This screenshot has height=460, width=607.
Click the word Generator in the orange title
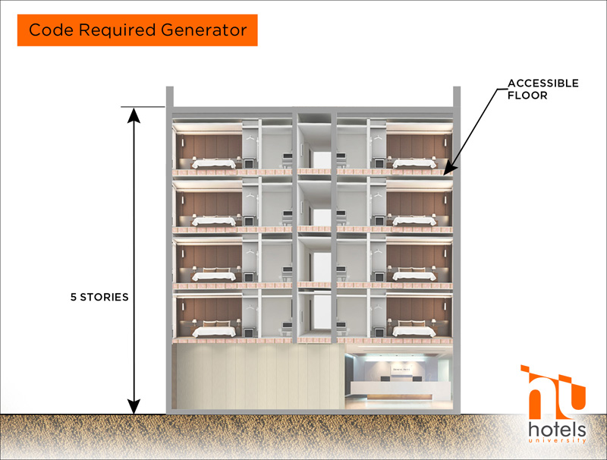coord(203,30)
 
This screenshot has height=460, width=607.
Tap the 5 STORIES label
coord(99,297)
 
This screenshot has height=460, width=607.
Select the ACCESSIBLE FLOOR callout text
coord(543,89)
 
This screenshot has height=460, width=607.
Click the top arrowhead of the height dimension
coord(134,115)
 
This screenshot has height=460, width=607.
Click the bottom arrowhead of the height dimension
coord(134,407)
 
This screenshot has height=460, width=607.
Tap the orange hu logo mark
coord(553,392)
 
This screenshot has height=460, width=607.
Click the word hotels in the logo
coord(557,430)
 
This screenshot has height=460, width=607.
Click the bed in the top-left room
coord(214,163)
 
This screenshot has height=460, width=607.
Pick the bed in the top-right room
coord(414,163)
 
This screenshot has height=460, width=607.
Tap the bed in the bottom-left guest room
coord(214,329)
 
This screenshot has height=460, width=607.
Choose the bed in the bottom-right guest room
coord(414,329)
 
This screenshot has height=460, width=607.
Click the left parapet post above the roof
coord(169,96)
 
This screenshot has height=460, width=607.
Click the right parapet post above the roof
coord(457,96)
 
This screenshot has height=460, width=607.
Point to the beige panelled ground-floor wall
coord(259,377)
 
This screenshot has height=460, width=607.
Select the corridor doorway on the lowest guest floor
coord(322,313)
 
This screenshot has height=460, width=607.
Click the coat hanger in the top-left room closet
coord(251,137)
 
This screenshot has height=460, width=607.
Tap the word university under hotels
coord(557,440)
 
